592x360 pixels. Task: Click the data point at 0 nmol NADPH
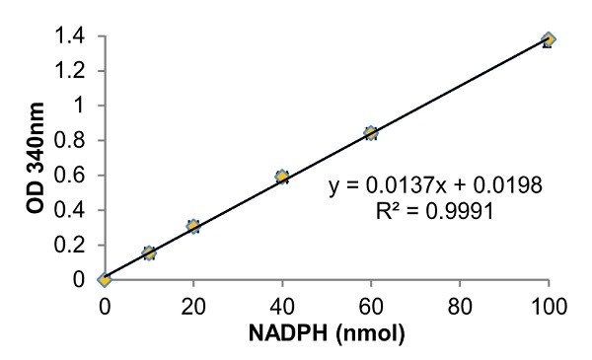click(x=104, y=279)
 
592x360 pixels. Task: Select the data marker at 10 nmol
click(x=149, y=252)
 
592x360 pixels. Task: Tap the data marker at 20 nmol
click(x=193, y=226)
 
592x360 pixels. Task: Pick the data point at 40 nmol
click(x=282, y=177)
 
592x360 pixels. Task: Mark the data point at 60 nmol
click(x=371, y=133)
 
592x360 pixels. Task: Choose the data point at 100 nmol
click(x=549, y=39)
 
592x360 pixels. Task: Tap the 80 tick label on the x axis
click(x=460, y=305)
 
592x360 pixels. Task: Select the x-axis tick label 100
click(x=549, y=305)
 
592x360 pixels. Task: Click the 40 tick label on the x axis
click(x=282, y=305)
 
